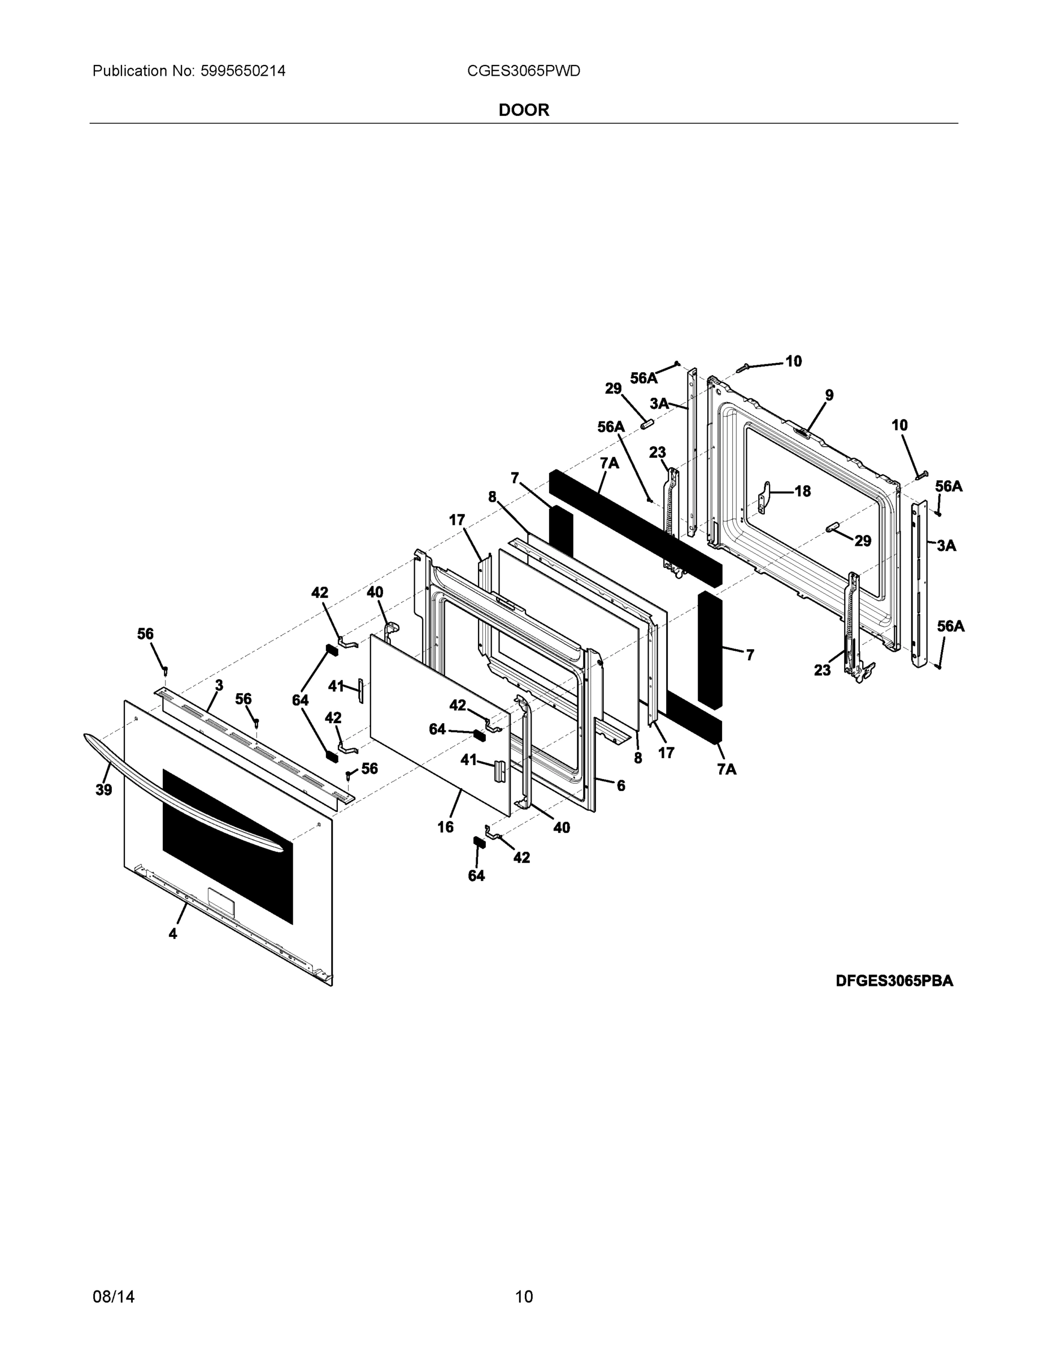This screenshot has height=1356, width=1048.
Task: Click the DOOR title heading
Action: click(x=523, y=110)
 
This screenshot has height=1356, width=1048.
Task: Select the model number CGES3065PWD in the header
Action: click(x=523, y=71)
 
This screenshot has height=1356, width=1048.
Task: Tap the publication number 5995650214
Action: click(x=242, y=71)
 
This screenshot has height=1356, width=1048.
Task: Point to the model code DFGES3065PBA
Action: click(x=894, y=981)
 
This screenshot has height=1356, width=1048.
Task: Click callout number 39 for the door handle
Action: click(x=104, y=790)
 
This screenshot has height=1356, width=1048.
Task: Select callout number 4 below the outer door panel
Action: click(x=173, y=933)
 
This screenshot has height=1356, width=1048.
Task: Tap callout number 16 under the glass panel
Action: click(x=445, y=827)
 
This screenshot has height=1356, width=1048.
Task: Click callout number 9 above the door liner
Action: click(x=829, y=395)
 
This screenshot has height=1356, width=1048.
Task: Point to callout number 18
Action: click(x=803, y=491)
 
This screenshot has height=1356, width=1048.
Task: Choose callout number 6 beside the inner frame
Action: click(x=620, y=785)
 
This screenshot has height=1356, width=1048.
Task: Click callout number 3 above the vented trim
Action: click(x=219, y=685)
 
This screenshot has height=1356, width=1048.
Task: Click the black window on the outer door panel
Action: click(x=227, y=845)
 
